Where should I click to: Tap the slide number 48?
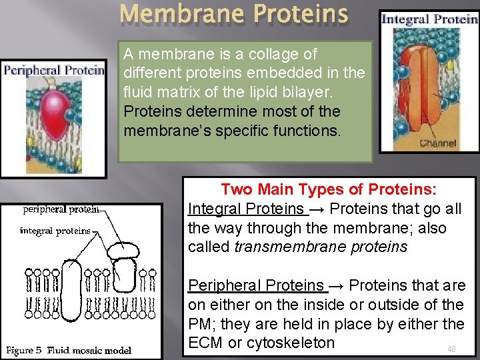click(451, 349)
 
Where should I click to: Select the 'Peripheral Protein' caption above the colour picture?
click(53, 69)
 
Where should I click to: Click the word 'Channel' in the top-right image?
click(438, 143)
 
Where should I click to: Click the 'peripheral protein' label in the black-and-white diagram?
click(61, 209)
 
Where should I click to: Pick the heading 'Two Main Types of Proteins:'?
click(329, 189)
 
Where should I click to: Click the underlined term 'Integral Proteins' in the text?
click(245, 209)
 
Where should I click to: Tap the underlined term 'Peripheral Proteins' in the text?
click(256, 285)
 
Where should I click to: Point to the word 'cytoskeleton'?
click(290, 343)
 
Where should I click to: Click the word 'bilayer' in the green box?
click(341, 92)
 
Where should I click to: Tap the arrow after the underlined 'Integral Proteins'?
click(317, 209)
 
